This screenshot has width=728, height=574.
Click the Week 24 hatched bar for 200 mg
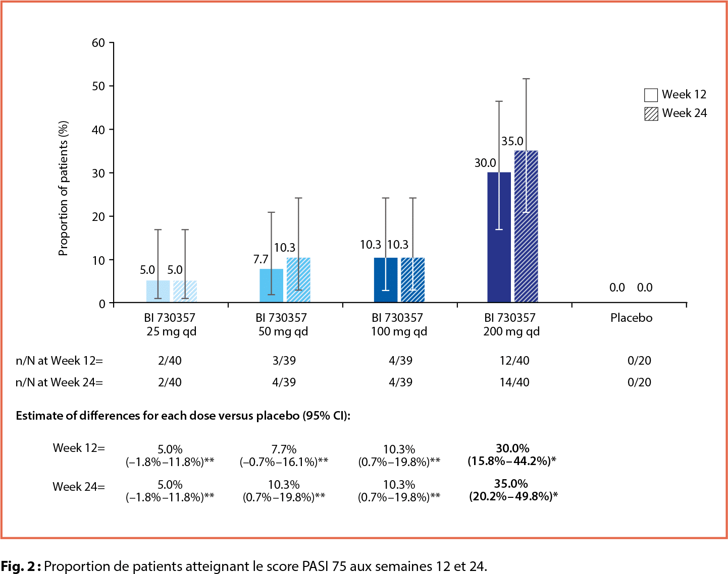tap(526, 227)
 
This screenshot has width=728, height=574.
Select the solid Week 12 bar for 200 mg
tap(499, 238)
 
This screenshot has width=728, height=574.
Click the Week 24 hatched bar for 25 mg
tap(185, 292)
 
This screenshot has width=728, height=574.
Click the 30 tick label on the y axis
tap(98, 173)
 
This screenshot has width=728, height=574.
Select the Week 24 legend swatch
tap(651, 113)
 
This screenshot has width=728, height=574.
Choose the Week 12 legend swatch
tap(651, 95)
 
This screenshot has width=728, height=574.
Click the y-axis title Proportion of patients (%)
tap(63, 188)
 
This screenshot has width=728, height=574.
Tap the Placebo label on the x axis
tap(631, 318)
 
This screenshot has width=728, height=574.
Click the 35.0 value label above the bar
tap(512, 142)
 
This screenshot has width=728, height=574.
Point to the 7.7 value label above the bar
tap(261, 259)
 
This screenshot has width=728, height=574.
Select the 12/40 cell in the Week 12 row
tap(514, 361)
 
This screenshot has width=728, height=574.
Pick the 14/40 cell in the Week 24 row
tap(514, 382)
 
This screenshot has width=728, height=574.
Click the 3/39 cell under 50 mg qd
tap(284, 361)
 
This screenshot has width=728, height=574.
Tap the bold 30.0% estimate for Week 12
tap(512, 448)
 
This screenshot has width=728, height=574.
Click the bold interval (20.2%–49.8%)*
tap(513, 496)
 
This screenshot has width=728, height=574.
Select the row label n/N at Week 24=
tap(59, 382)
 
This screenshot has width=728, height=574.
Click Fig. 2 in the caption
tap(17, 566)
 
